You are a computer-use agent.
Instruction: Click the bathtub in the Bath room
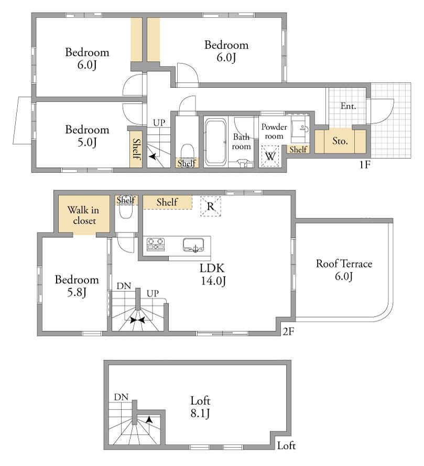(x=215, y=142)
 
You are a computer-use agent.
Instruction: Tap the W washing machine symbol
(x=270, y=156)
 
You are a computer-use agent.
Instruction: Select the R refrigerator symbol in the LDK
(x=210, y=206)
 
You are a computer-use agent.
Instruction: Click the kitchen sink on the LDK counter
(x=193, y=245)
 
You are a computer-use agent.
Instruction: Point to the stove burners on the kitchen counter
(x=156, y=243)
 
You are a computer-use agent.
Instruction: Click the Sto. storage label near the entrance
(x=340, y=141)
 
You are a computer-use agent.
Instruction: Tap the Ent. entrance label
(x=348, y=106)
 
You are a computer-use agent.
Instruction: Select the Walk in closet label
(x=83, y=215)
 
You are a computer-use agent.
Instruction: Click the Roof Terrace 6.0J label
(x=344, y=270)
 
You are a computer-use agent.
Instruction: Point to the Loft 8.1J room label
(x=200, y=407)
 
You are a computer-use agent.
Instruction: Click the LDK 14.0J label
(x=213, y=274)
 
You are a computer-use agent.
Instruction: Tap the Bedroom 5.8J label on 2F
(x=77, y=285)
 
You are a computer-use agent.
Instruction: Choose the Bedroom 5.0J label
(x=87, y=136)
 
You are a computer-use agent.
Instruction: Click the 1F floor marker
(x=365, y=164)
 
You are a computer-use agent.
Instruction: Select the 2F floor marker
(x=288, y=331)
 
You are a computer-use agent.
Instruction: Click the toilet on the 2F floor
(x=126, y=211)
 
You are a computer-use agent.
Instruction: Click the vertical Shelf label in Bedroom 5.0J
(x=136, y=149)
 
